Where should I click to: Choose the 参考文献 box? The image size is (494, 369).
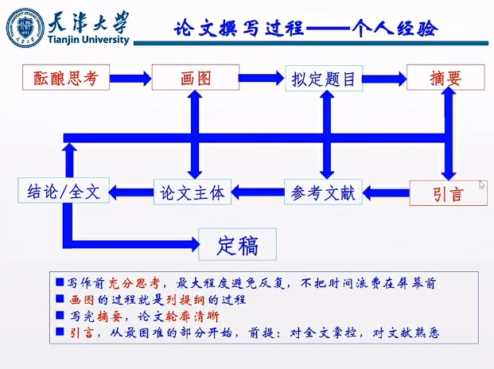pyautogui.click(x=322, y=192)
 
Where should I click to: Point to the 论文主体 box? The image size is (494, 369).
pyautogui.click(x=192, y=192)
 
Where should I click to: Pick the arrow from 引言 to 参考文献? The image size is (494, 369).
pyautogui.click(x=386, y=192)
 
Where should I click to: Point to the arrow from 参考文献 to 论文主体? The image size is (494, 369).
pyautogui.click(x=257, y=192)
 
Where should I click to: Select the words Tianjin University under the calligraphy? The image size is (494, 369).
pyautogui.click(x=87, y=41)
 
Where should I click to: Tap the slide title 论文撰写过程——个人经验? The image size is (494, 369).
pyautogui.click(x=305, y=29)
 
